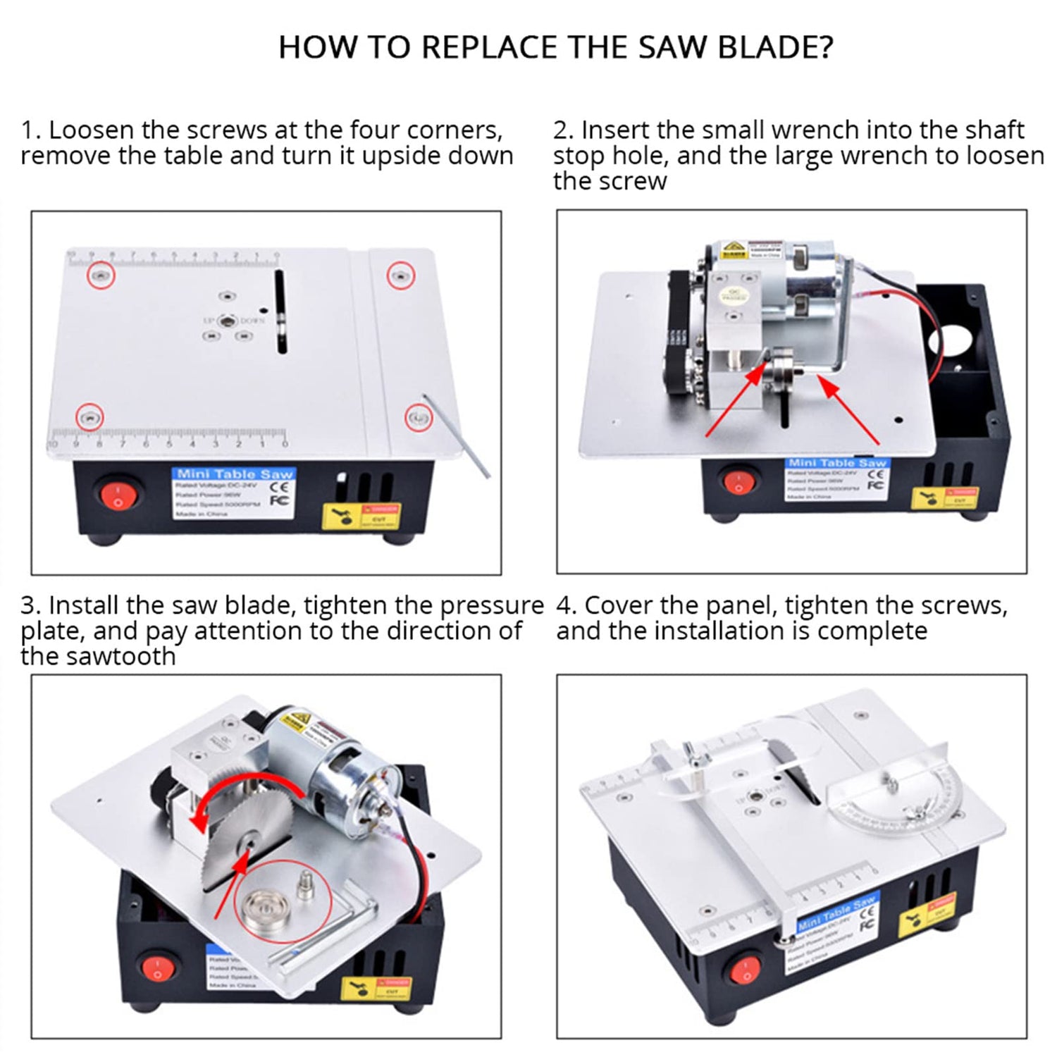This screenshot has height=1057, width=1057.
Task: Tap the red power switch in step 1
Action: [x=118, y=495]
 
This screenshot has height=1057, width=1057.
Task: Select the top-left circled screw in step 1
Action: [x=101, y=274]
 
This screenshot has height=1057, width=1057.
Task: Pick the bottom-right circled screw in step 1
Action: [x=419, y=418]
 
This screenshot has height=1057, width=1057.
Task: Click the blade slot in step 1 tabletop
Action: [x=281, y=311]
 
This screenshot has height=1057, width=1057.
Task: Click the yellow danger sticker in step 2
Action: [x=944, y=497]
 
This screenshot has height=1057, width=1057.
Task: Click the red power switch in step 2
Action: [x=738, y=483]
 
